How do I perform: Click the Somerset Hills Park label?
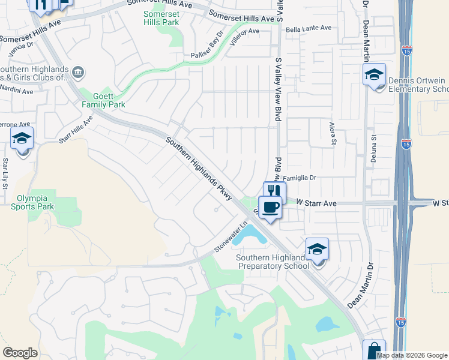pyautogui.click(x=161, y=18)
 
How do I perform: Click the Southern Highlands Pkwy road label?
pyautogui.click(x=199, y=170)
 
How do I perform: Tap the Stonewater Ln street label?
pyautogui.click(x=231, y=238)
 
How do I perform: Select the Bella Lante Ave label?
pyautogui.click(x=309, y=28)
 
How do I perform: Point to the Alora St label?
pyautogui.click(x=332, y=133)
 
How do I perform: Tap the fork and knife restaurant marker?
pyautogui.click(x=274, y=191)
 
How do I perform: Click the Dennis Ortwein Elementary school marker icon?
pyautogui.click(x=374, y=75)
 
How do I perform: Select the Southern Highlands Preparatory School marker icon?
pyautogui.click(x=317, y=249)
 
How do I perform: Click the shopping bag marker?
pyautogui.click(x=374, y=350)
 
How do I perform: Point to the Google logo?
pyautogui.click(x=20, y=353)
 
